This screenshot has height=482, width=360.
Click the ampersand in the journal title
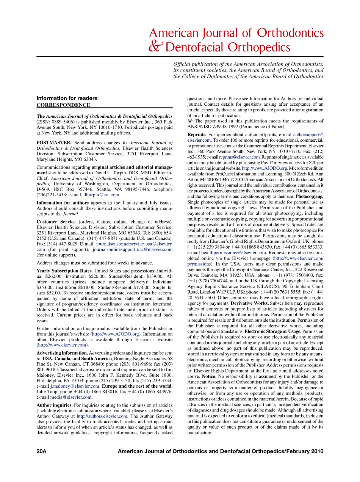156,46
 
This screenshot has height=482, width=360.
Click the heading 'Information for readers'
67,98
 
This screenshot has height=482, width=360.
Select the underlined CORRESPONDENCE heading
63,105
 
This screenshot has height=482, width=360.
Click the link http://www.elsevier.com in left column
62,345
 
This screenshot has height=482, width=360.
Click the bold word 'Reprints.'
197,135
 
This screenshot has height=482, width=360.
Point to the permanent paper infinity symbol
190,121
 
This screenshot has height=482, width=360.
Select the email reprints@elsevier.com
239,157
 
